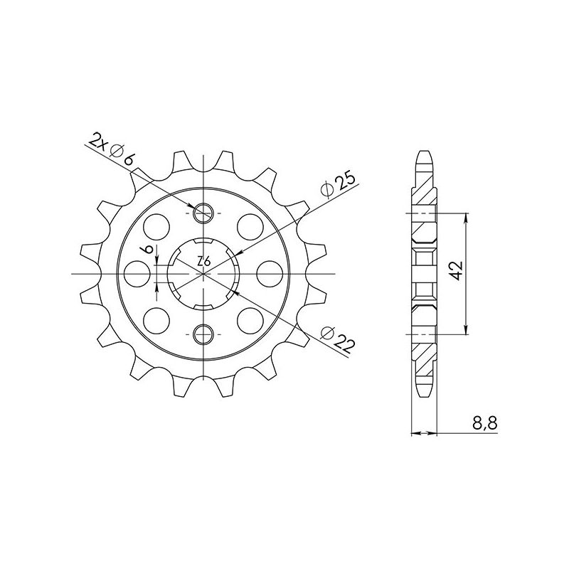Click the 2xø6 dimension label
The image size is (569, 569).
[112, 149]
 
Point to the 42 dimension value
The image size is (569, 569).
[456, 271]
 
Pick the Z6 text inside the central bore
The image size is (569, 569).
[203, 262]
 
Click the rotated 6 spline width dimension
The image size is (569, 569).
[147, 250]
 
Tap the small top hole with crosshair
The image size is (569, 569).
[204, 212]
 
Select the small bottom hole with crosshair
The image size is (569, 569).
[204, 332]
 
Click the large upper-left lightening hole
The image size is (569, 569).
[157, 227]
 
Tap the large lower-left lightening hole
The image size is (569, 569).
[157, 317]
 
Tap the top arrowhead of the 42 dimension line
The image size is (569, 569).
[466, 216]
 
